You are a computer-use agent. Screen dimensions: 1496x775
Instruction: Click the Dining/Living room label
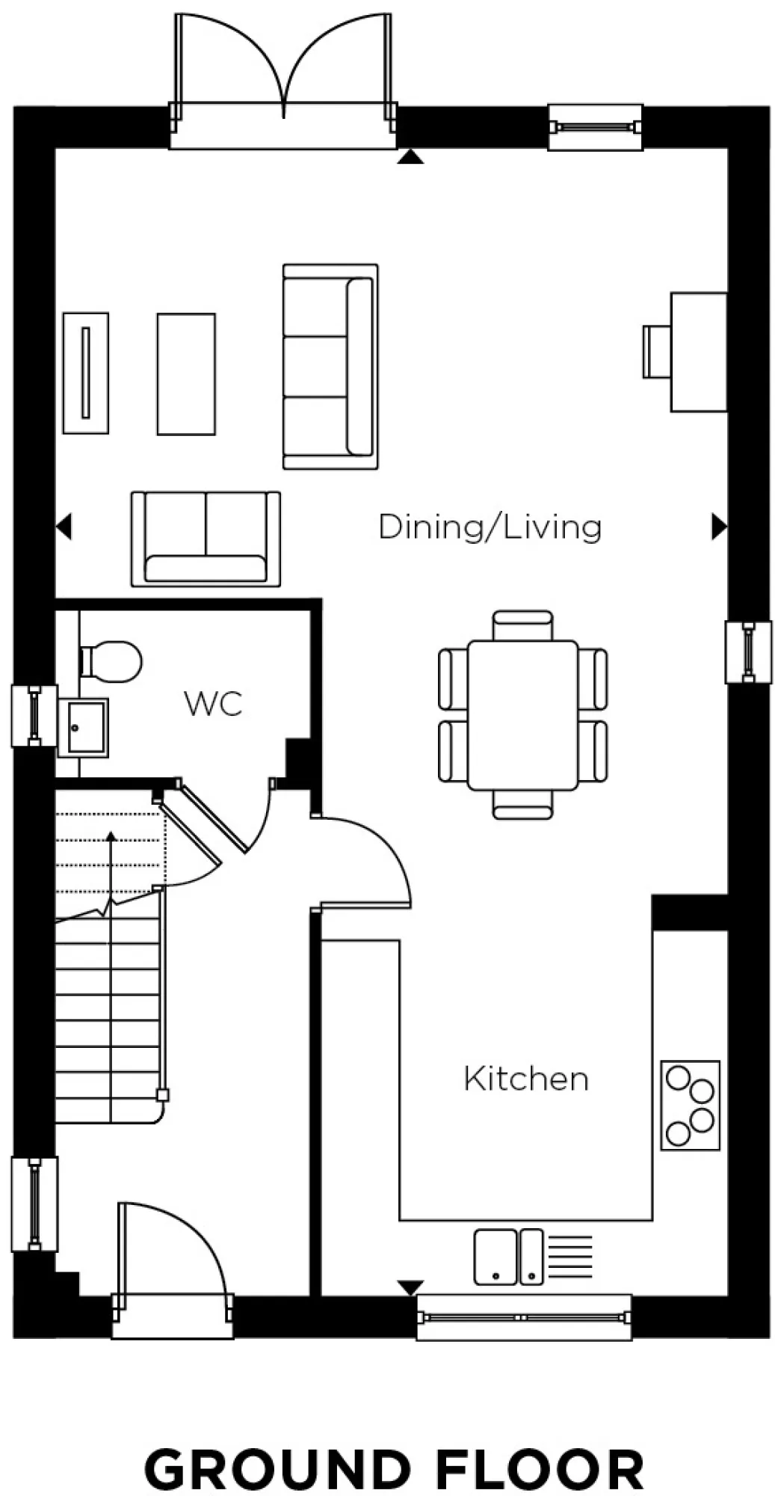[x=490, y=527]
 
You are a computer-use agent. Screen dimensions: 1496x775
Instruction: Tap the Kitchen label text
[x=525, y=1079]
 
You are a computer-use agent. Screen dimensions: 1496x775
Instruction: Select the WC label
[x=213, y=704]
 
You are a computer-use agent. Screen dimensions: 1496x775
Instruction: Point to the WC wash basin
[x=84, y=726]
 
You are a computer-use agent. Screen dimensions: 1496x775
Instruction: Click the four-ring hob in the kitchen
[x=690, y=1104]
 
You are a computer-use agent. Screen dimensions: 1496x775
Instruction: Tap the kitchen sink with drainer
[x=508, y=1257]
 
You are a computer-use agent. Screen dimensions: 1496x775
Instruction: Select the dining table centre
[x=522, y=714]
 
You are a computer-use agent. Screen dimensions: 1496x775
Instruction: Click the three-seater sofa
[x=330, y=367]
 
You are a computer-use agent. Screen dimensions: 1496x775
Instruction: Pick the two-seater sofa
[x=206, y=539]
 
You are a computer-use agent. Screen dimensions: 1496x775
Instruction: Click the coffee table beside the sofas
[x=186, y=374]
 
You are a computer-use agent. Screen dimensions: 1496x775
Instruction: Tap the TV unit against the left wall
[x=86, y=373]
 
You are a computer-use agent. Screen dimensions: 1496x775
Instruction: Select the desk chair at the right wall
[x=657, y=352]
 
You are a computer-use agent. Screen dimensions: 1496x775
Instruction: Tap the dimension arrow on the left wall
[x=64, y=527]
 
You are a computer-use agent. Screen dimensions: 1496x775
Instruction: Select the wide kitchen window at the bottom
[x=523, y=1317]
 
